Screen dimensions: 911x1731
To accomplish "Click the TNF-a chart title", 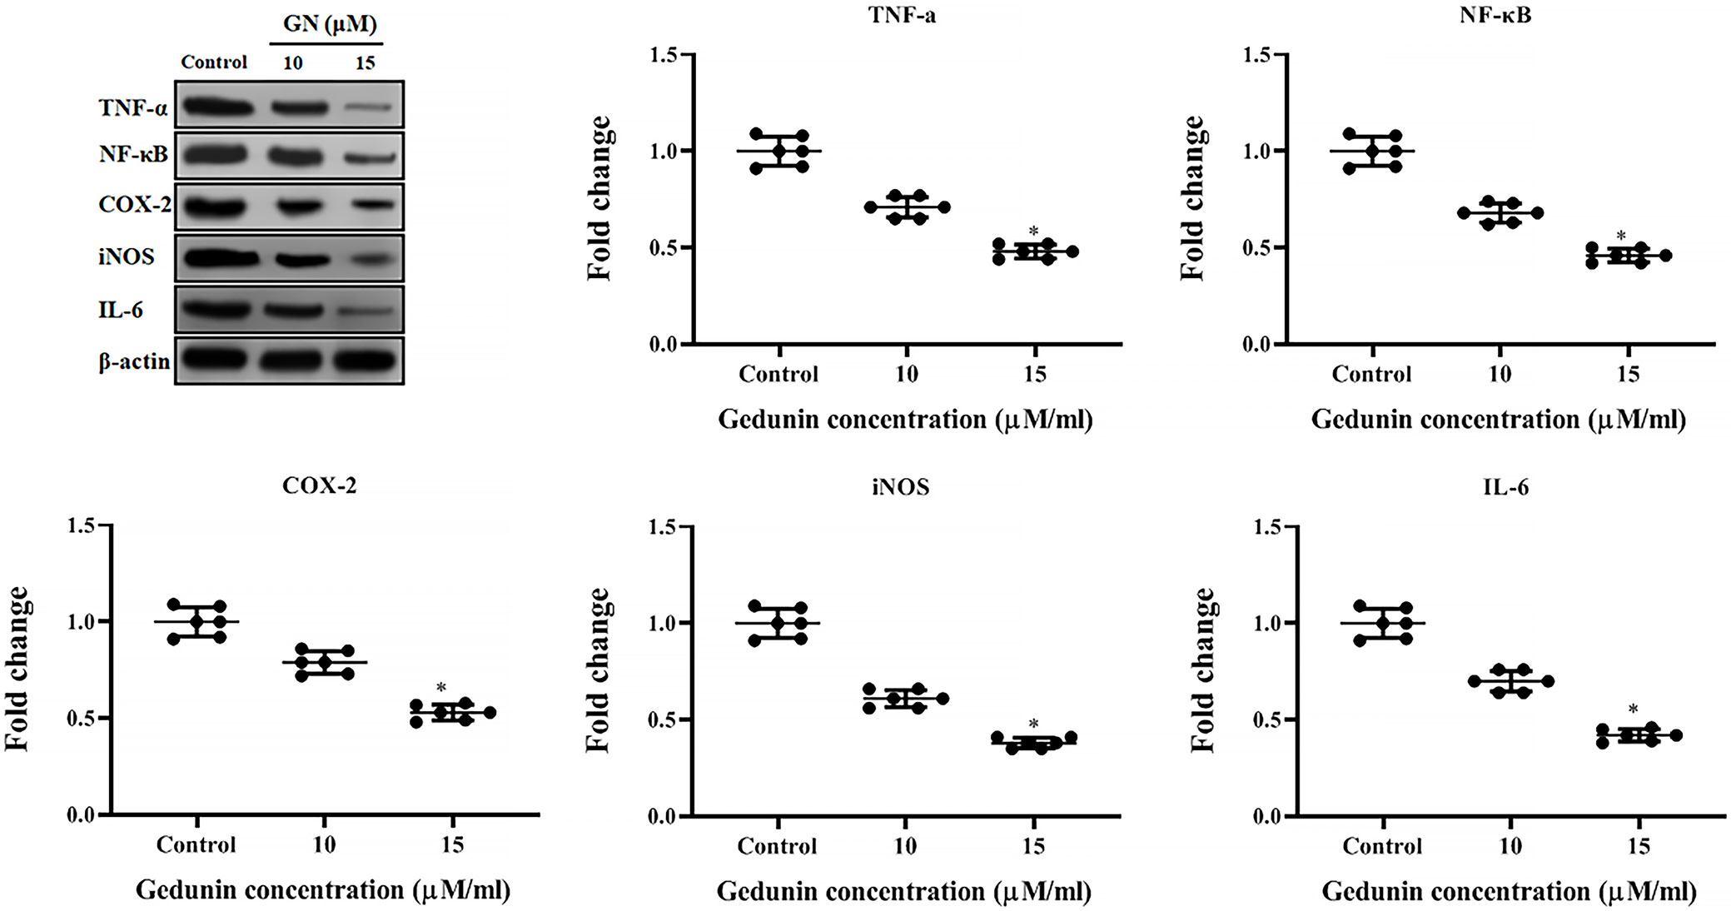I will [x=903, y=15].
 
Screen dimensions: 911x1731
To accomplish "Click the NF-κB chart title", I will [x=1495, y=15].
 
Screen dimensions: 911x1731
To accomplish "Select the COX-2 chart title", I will [x=320, y=485].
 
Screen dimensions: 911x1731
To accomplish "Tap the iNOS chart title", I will [x=901, y=486].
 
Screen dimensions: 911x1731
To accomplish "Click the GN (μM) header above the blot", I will [x=330, y=23].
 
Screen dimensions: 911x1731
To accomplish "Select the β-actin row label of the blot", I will [x=134, y=361].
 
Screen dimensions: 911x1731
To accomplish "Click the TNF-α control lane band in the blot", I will [x=217, y=107].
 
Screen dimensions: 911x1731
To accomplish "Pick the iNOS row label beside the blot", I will [x=127, y=256].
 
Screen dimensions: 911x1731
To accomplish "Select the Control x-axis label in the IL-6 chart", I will [x=1382, y=846].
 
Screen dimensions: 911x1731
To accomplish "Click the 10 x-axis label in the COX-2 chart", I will [x=324, y=844].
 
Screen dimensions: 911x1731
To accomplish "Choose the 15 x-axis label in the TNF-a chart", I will [x=1034, y=374].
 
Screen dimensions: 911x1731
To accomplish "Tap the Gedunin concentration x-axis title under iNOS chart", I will [x=903, y=892].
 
